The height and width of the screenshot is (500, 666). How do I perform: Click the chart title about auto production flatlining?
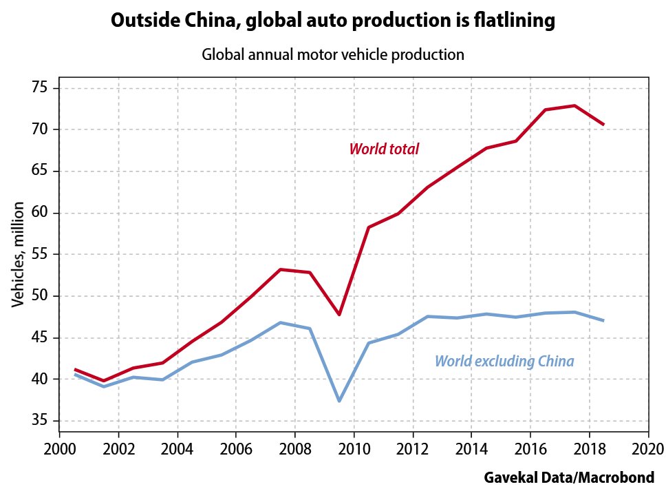[332, 21]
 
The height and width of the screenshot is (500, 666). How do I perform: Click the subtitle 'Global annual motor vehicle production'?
[332, 55]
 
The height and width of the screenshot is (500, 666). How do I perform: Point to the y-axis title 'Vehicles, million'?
[19, 255]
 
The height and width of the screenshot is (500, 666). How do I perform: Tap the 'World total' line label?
[384, 149]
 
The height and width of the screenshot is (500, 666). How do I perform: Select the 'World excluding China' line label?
[504, 361]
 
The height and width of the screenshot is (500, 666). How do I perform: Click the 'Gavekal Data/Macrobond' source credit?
[568, 477]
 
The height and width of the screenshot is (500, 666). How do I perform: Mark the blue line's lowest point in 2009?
[339, 401]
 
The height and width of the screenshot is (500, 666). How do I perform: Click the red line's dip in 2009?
[339, 314]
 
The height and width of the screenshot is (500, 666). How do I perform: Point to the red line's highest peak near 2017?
[574, 105]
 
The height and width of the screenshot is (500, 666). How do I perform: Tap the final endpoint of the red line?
[603, 125]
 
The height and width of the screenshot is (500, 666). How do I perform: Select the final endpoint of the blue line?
[603, 320]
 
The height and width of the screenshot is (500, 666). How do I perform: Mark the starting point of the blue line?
[74, 375]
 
